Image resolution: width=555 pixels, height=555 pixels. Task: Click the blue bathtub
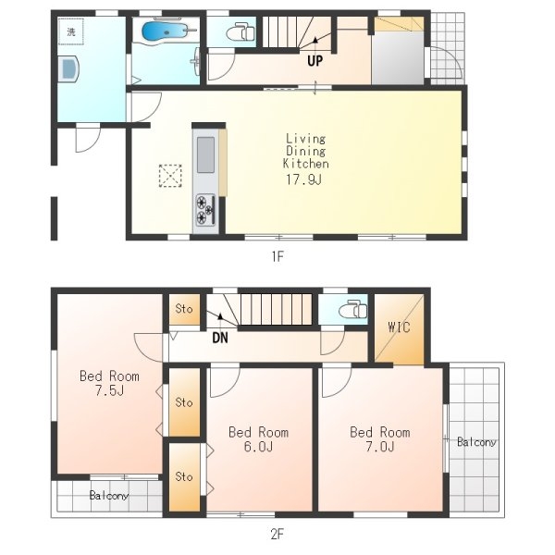pos(164,31)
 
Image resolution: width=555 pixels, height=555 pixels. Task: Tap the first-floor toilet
pos(240,32)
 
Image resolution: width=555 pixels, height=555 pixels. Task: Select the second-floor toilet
pos(353,309)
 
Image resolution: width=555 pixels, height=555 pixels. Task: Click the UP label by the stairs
pos(314,61)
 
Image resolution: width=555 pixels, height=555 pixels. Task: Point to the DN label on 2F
pos(220,338)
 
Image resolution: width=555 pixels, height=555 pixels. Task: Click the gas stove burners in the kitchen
pos(205,210)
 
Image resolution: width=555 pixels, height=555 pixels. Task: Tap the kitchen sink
pos(205,154)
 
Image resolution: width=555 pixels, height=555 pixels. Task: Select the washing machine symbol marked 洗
pos(71,31)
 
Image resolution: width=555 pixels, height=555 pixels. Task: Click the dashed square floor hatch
pos(170,176)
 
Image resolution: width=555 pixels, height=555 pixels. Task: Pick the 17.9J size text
pos(303,179)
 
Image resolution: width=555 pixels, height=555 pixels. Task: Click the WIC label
pos(399,327)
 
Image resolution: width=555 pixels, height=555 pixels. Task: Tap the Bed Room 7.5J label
pos(109,383)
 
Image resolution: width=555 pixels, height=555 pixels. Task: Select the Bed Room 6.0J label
pos(258,439)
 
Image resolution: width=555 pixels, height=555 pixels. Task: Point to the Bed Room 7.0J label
pos(380,439)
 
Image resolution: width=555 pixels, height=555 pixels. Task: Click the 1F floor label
pos(277,256)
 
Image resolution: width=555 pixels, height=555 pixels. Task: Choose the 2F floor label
pos(277,534)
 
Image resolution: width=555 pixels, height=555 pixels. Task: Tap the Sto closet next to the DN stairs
pos(184,309)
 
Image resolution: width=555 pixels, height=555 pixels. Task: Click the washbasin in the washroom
pos(69,69)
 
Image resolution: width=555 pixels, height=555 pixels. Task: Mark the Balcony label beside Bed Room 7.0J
pos(476,442)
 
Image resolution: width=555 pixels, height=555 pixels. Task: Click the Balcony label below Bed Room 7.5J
pos(108,495)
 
